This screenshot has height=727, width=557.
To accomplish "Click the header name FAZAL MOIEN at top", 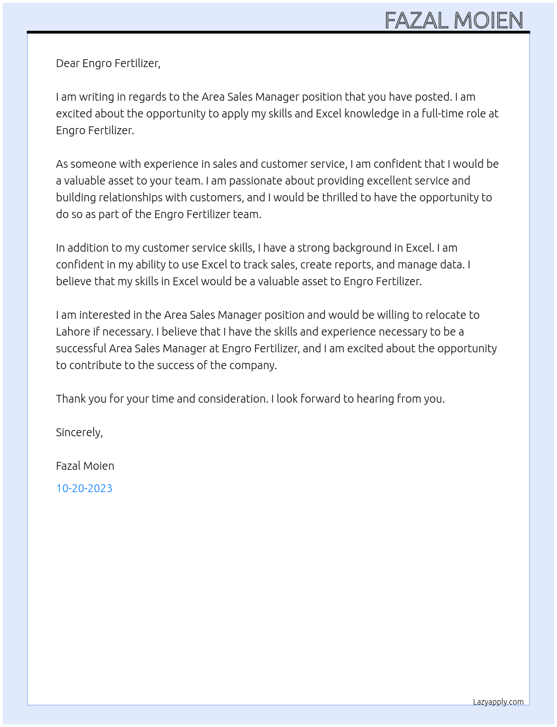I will click(454, 21).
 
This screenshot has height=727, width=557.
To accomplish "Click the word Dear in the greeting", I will click(68, 63).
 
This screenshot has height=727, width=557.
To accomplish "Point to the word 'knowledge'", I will click(370, 114).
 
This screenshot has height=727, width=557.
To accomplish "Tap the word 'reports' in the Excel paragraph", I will click(353, 265).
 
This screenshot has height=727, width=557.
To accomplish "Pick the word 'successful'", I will click(81, 348).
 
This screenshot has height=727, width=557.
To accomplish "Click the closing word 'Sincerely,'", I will click(79, 432).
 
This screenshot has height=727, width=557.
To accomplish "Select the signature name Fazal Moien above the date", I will click(85, 466).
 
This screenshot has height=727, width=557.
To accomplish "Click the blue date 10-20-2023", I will click(84, 488).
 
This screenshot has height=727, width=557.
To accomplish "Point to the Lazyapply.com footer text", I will click(498, 702).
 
